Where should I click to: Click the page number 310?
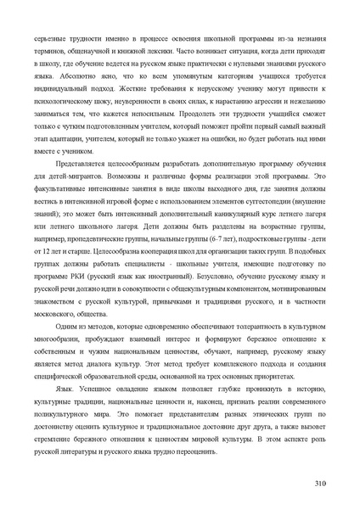(x=319, y=483)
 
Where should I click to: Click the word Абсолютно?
(x=68, y=75)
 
